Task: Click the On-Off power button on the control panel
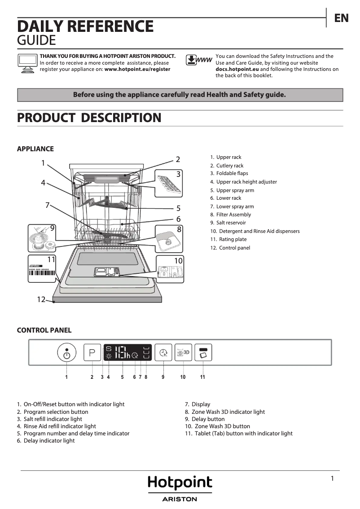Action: coord(66,353)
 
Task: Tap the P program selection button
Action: coord(92,352)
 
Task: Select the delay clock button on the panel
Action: coord(163,352)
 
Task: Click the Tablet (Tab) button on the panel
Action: coord(203,352)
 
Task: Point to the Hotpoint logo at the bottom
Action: coord(180,483)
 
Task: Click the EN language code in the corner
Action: coord(341,18)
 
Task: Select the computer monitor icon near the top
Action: coord(28,62)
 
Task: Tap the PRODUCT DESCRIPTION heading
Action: coord(89,118)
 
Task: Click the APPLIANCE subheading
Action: coord(35,149)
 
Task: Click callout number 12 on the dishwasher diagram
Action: coord(41,299)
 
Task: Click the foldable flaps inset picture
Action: coord(169,183)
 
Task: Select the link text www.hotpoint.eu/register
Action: coord(137,70)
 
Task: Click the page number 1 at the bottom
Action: coord(332,478)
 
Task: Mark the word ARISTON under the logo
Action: coord(180,499)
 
